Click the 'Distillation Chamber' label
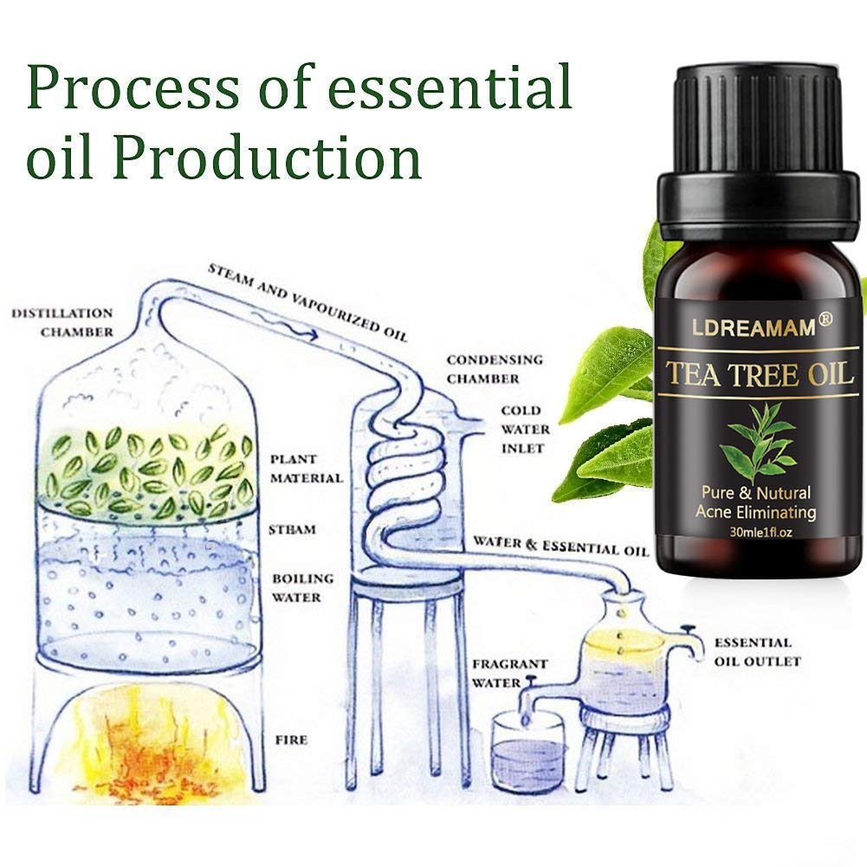[62, 322]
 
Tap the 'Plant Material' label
[307, 469]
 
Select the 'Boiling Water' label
[303, 588]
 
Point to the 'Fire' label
[291, 740]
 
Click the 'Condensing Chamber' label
[495, 369]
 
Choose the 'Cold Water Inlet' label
[525, 429]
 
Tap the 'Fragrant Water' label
[509, 673]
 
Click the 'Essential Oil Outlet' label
[757, 652]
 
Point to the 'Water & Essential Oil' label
[560, 546]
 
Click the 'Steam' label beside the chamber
[292, 530]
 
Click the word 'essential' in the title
[450, 87]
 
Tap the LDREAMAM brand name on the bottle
[754, 327]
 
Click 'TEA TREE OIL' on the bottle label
[760, 373]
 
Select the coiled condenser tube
[406, 476]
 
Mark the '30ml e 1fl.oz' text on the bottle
[760, 533]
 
